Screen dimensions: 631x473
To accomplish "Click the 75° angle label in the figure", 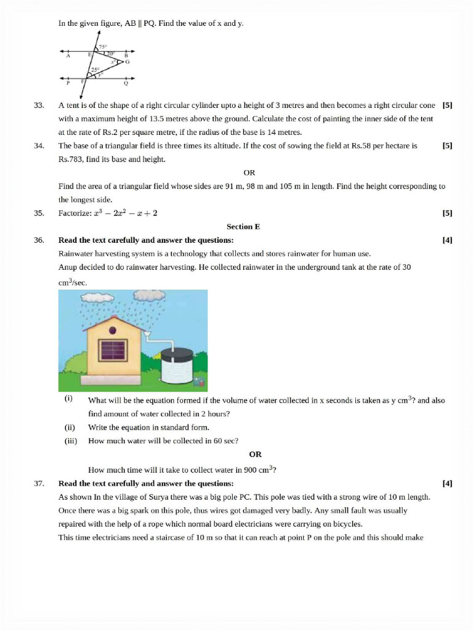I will tap(102, 46).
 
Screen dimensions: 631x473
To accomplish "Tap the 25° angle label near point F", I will tap(95, 70).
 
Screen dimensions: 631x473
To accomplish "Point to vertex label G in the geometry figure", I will tap(127, 62).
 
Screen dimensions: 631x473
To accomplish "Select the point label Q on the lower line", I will tap(126, 83).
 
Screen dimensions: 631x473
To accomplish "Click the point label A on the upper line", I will tap(68, 56).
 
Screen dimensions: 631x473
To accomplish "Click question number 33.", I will tap(39, 105).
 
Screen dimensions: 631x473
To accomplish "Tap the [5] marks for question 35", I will tap(447, 213).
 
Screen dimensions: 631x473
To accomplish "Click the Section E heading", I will tap(243, 227).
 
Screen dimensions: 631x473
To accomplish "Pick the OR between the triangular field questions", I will tap(249, 173).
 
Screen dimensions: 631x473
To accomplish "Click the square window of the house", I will tap(113, 351).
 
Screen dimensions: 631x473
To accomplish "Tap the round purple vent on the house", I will tap(113, 326).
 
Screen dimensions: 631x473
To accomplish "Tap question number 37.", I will tap(39, 483).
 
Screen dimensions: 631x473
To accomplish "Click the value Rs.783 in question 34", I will tap(70, 159).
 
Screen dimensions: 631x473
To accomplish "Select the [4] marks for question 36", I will tap(447, 240).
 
